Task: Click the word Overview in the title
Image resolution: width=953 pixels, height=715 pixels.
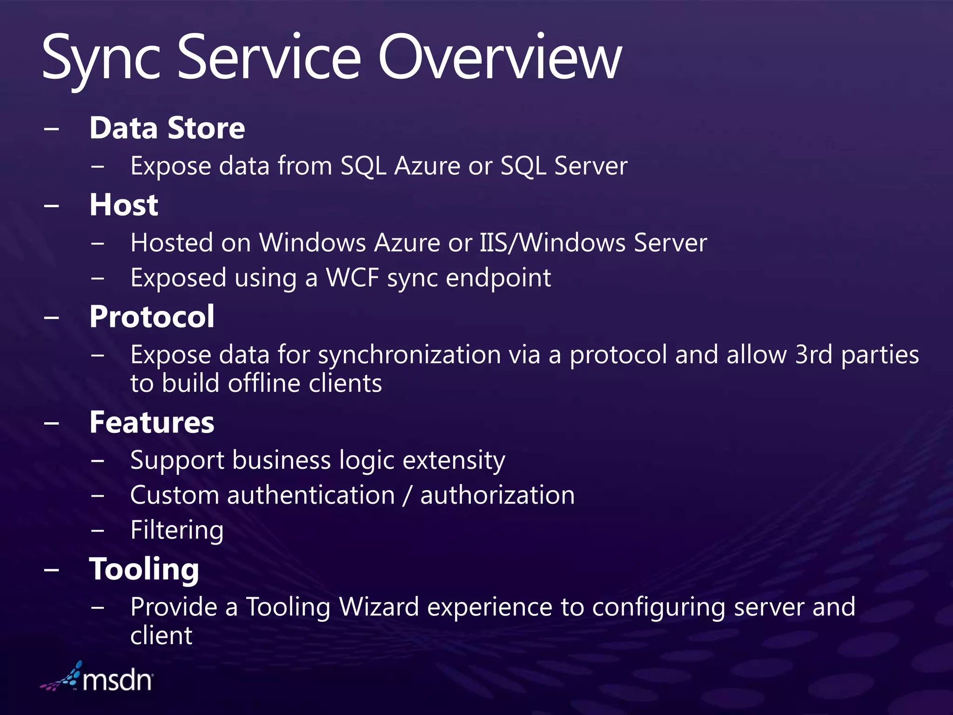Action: point(500,58)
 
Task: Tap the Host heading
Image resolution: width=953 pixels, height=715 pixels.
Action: point(124,205)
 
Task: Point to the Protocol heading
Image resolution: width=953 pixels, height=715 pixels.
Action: point(152,317)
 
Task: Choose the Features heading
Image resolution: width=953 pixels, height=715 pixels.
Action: point(152,423)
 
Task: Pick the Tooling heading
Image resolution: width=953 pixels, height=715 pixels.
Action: point(144,569)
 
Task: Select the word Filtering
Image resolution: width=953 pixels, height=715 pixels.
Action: point(177,530)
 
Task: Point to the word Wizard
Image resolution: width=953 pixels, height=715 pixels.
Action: point(379,607)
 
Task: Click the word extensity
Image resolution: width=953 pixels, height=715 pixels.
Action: point(454,461)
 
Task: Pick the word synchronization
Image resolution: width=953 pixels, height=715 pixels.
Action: point(409,355)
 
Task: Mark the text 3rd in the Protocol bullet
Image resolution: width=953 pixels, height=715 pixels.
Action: point(813,355)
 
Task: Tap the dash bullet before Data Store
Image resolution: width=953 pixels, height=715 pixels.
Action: point(52,128)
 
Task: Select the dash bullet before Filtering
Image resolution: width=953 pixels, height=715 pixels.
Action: point(98,530)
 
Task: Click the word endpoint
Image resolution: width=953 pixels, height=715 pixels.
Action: point(498,278)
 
